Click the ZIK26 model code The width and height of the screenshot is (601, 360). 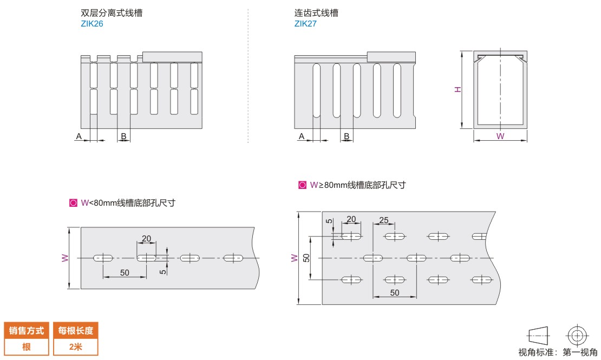point(92,24)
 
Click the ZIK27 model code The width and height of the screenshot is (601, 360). point(305,24)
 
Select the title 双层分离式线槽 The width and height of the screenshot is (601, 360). point(112,13)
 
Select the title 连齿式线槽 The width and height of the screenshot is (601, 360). point(316,13)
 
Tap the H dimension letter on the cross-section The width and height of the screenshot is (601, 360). point(458,89)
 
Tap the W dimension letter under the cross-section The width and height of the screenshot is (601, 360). point(500,136)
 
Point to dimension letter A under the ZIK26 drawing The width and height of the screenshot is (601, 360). point(79,136)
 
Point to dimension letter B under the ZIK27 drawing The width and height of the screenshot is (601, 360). point(346,136)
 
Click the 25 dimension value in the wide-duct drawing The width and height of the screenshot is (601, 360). point(384,220)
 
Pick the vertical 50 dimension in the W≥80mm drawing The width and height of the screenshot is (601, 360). point(306,258)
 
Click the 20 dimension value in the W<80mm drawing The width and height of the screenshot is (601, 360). point(146,239)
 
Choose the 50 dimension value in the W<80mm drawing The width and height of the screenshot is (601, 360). point(125,273)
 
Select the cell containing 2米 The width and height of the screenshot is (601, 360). point(76,347)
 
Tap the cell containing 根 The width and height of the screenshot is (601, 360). point(26,347)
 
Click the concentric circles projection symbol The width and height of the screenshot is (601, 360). point(577,335)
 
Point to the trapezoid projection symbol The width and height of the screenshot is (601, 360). point(537,335)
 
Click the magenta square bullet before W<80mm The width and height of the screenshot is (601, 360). point(73,203)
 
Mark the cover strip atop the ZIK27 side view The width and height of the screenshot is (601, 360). point(391,56)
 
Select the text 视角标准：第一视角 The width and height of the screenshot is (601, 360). point(558,352)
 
